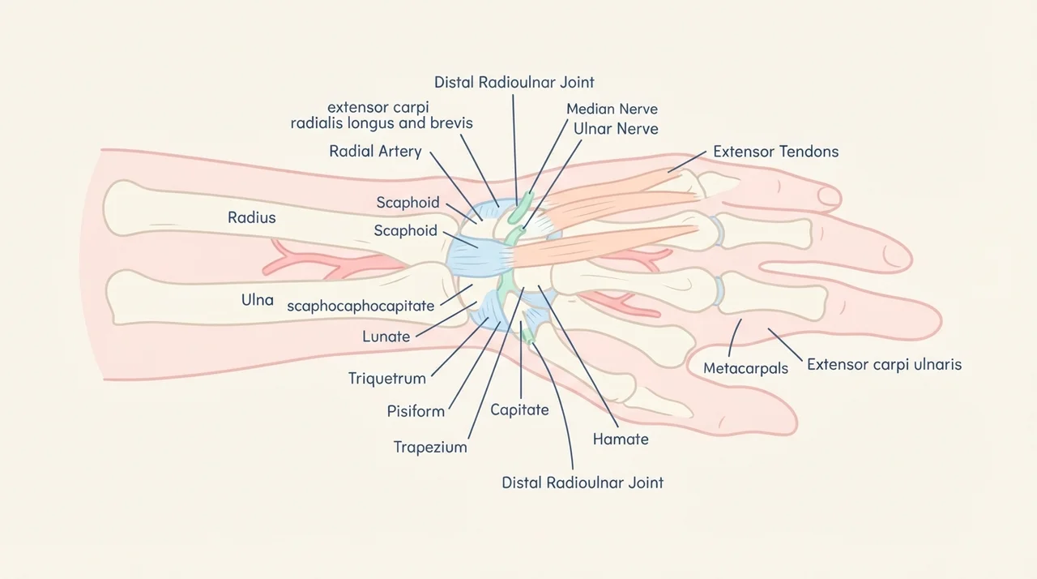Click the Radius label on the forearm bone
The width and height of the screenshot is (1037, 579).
tap(251, 217)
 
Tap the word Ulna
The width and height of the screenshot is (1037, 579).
tap(258, 300)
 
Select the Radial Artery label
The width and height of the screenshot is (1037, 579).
tap(375, 151)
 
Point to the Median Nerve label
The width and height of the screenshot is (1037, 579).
tap(612, 109)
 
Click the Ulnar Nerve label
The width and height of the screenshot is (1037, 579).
tap(616, 129)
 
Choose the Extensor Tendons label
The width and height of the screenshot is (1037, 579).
tap(776, 152)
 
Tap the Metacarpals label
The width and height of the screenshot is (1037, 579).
tap(745, 368)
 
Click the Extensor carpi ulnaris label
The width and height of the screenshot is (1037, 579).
tap(884, 365)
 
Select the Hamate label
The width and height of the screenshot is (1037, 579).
tap(621, 439)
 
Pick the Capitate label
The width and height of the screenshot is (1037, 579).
tap(519, 410)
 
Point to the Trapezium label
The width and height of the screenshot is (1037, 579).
tap(430, 447)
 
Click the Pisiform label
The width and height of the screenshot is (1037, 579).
tap(416, 411)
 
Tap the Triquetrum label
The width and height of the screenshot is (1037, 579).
tap(387, 379)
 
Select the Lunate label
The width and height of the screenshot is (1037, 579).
tap(386, 337)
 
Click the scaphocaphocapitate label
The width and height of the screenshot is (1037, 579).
tap(361, 307)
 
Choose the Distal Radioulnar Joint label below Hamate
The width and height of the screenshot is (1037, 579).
tap(583, 482)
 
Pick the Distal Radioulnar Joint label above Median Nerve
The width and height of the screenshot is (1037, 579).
tap(514, 83)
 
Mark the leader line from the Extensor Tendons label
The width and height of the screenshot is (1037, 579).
tap(687, 161)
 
